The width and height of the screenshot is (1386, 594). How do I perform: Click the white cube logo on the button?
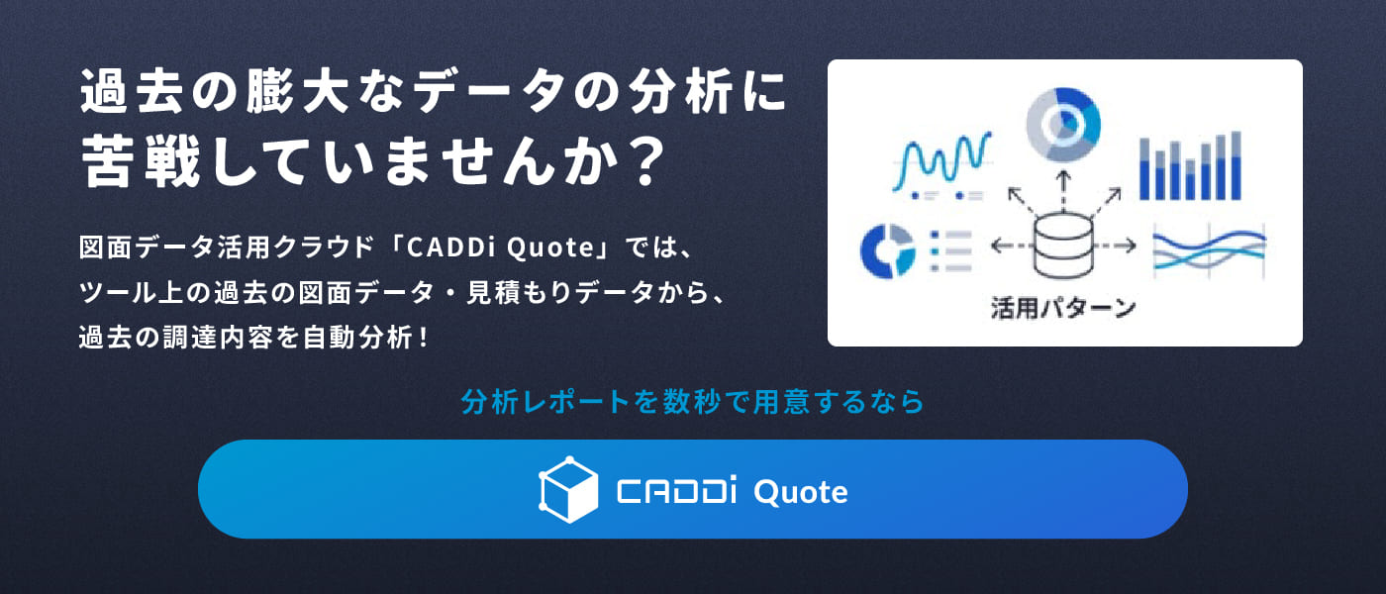tap(568, 489)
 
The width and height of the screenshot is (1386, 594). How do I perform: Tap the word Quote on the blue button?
tap(801, 493)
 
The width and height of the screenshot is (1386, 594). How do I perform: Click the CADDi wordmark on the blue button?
tap(676, 491)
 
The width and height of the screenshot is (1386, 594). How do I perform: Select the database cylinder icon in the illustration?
tap(1063, 247)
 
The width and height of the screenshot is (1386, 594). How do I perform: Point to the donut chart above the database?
tap(1063, 125)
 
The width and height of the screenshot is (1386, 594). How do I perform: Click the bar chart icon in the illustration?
tap(1190, 166)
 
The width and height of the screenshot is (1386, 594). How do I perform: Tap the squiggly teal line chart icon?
tap(940, 164)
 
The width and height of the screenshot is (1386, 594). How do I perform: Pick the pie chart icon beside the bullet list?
tap(887, 250)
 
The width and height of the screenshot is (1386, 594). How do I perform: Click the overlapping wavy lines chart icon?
tap(1209, 249)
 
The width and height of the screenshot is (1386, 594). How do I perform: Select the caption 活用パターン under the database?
tap(1063, 308)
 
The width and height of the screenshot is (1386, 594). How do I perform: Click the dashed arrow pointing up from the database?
tap(1063, 191)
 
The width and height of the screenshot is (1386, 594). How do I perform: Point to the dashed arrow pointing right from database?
tap(1115, 247)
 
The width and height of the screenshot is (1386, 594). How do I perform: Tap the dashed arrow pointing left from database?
tap(1012, 247)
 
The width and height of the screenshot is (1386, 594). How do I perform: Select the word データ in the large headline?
tap(488, 91)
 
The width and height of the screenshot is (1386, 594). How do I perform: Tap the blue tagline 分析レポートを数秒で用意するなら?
tap(692, 402)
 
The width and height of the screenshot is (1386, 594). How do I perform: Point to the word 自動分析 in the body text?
tap(357, 338)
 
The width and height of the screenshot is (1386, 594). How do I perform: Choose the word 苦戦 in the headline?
tap(141, 162)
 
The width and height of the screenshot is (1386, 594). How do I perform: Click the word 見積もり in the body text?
tap(519, 292)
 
